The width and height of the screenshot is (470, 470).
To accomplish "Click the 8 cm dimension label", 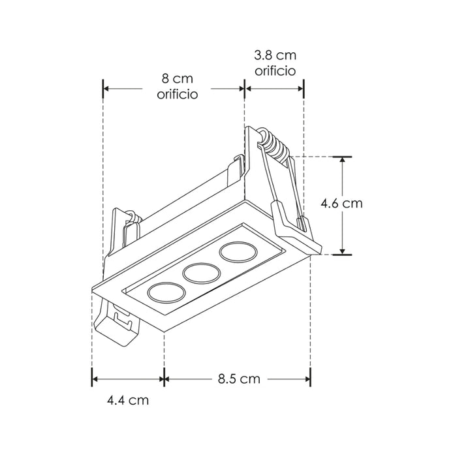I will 178,79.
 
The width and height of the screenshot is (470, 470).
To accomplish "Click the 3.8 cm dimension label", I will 275,55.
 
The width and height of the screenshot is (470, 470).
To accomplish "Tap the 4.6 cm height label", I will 341,203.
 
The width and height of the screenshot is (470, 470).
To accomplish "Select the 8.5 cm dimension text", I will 239,379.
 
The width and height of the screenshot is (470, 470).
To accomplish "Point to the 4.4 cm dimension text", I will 128,400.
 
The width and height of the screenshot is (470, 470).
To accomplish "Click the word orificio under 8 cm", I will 178,95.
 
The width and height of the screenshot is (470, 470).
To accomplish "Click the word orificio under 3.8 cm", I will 275,70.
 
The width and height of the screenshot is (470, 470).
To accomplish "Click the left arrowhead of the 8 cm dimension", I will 107,88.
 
